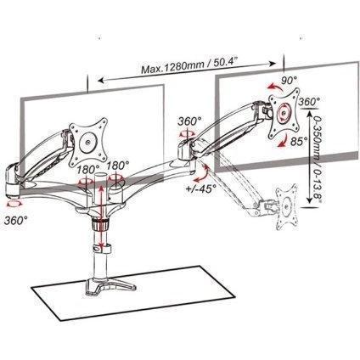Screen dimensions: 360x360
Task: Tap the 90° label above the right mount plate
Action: point(288,81)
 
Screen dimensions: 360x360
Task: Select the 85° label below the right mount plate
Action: point(299,141)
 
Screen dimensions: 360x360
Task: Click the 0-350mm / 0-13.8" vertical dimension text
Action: point(316,157)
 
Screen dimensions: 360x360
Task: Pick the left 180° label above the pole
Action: point(87,170)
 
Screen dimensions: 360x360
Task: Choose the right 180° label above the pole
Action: point(118,166)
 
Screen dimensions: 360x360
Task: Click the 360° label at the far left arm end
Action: point(16,220)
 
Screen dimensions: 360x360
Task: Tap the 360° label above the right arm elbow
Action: point(189,121)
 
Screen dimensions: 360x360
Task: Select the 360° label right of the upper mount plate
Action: point(310,101)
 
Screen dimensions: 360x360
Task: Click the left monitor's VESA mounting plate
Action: point(88,142)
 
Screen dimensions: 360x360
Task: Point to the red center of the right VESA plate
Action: point(283,113)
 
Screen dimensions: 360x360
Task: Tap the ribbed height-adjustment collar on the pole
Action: point(100,225)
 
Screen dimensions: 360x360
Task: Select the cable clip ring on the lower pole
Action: point(101,249)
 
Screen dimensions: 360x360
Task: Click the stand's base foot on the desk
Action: point(111,284)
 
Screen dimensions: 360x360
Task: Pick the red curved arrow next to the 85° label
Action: point(284,142)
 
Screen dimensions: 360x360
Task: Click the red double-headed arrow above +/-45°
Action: point(202,173)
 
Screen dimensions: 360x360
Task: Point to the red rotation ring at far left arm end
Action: point(14,204)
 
